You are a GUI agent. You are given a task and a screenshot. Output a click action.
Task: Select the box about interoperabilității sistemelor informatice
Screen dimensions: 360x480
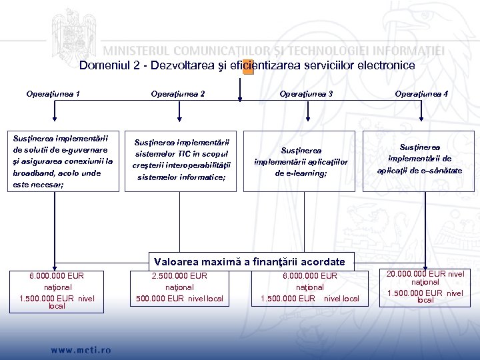[x=181, y=160]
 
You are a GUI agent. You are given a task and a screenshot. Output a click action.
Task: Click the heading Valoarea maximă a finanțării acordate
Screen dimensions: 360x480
[x=250, y=262]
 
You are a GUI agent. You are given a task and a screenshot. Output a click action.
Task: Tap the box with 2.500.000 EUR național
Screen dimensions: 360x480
[x=179, y=287]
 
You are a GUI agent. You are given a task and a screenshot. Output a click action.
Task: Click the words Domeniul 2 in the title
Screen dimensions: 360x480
[x=105, y=66]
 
